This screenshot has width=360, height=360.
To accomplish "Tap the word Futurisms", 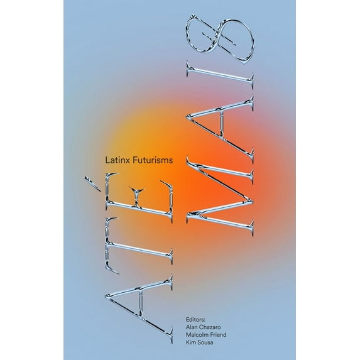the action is pos(153,160).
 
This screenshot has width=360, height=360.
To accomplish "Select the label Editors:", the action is pos(195,319).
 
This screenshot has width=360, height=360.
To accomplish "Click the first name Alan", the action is pos(192,327).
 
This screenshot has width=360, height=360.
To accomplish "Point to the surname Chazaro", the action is pos(211,327).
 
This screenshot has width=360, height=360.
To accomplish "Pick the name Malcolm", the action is pos(197,334).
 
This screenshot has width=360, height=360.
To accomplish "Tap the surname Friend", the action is pos(218,334).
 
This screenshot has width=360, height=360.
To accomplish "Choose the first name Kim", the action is pos(190,342).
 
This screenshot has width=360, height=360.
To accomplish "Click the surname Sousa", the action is pos(205,342).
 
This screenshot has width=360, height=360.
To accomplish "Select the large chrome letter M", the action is pos(220,196).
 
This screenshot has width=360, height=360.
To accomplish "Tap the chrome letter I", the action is pos(220,75).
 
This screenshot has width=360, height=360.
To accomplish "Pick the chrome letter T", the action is pos(139,246).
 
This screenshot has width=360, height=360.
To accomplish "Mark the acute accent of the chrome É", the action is pos(92,183).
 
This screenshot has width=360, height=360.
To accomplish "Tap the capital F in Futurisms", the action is pos(135,160).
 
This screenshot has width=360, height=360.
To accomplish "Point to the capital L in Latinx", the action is pos(107,160).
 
